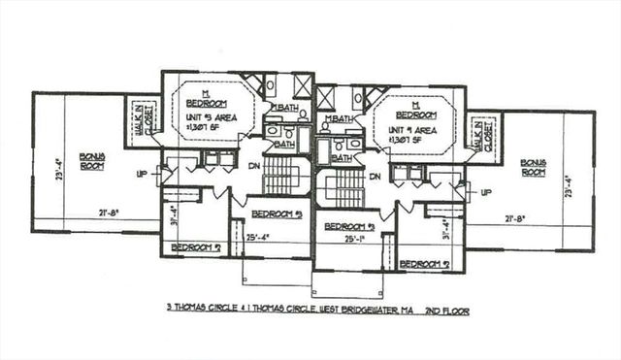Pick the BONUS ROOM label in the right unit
[533, 166]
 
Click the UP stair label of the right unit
[483, 191]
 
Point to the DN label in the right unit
[374, 177]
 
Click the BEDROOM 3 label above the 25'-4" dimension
[276, 213]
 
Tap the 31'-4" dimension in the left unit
[174, 211]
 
